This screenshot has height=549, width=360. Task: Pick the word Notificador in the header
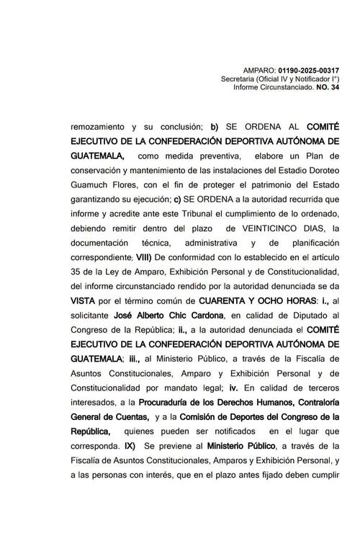(312, 79)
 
